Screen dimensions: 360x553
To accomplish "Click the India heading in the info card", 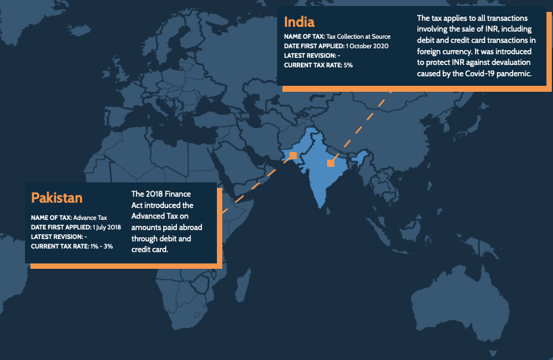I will pos(299,22).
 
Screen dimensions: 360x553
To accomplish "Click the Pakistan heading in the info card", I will pos(57,197).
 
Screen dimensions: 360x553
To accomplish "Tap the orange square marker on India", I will pos(331,163).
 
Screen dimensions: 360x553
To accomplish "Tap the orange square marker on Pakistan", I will pos(293,156).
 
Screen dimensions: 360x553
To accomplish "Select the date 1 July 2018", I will pos(107,227).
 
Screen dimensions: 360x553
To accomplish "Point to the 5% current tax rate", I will pos(347,65).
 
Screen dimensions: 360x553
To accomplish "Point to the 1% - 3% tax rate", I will pos(101,246).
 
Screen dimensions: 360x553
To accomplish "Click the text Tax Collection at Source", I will pos(358,36).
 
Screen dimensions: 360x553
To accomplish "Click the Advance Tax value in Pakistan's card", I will pos(90,218).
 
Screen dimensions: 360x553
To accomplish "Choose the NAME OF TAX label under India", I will pos(305,36).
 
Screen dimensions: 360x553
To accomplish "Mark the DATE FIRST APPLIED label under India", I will pos(314,46).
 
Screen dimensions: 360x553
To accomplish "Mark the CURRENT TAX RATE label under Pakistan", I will pos(59,246).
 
